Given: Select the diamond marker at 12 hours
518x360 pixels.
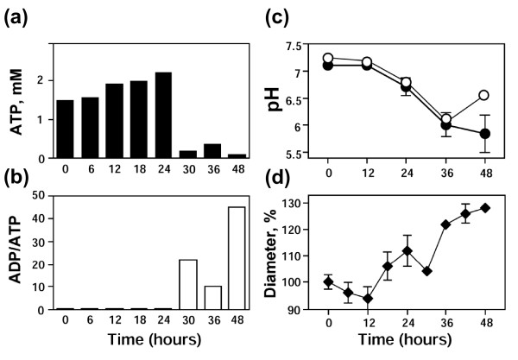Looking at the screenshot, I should tap(368, 299).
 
